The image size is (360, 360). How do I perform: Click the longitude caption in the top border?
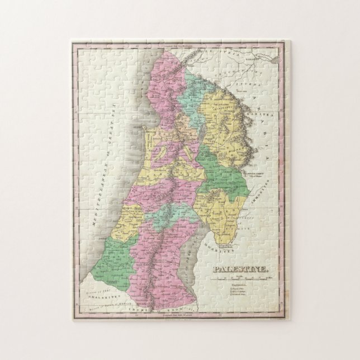(179, 45)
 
